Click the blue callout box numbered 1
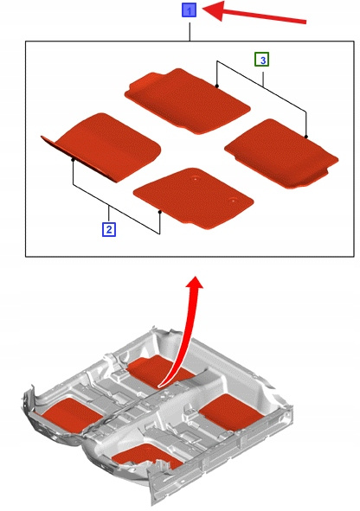click(189, 10)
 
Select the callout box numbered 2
click(109, 229)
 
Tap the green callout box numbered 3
click(262, 60)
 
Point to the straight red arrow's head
click(215, 10)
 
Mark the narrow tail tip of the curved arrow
click(159, 386)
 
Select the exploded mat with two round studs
click(194, 198)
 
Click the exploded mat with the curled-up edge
click(101, 147)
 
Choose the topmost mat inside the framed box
click(187, 99)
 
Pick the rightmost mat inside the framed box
click(281, 153)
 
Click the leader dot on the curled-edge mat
click(73, 160)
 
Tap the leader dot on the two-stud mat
click(160, 212)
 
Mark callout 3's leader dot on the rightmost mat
click(305, 137)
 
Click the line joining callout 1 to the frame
click(190, 29)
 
